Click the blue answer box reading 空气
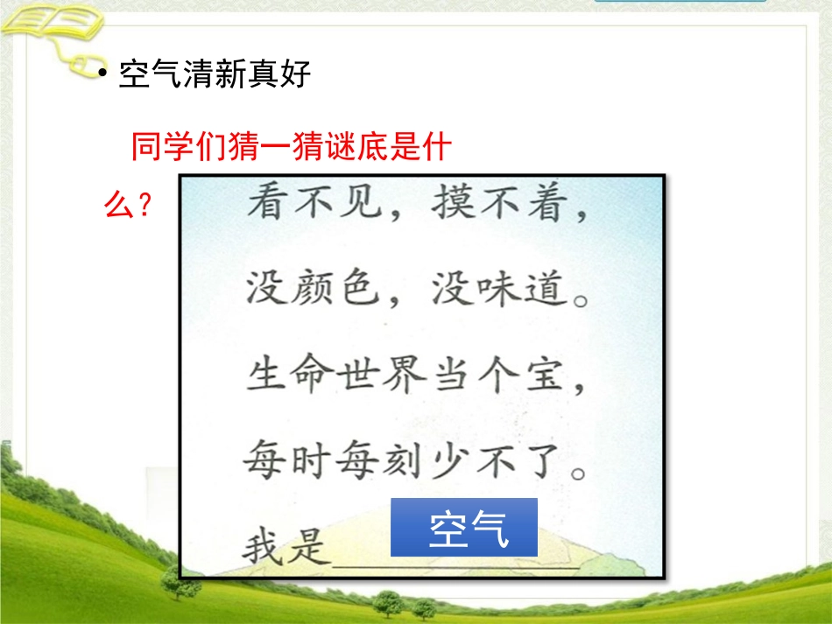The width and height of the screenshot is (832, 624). click(463, 528)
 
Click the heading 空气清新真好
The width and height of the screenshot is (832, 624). click(215, 75)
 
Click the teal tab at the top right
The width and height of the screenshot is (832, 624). click(679, 2)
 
